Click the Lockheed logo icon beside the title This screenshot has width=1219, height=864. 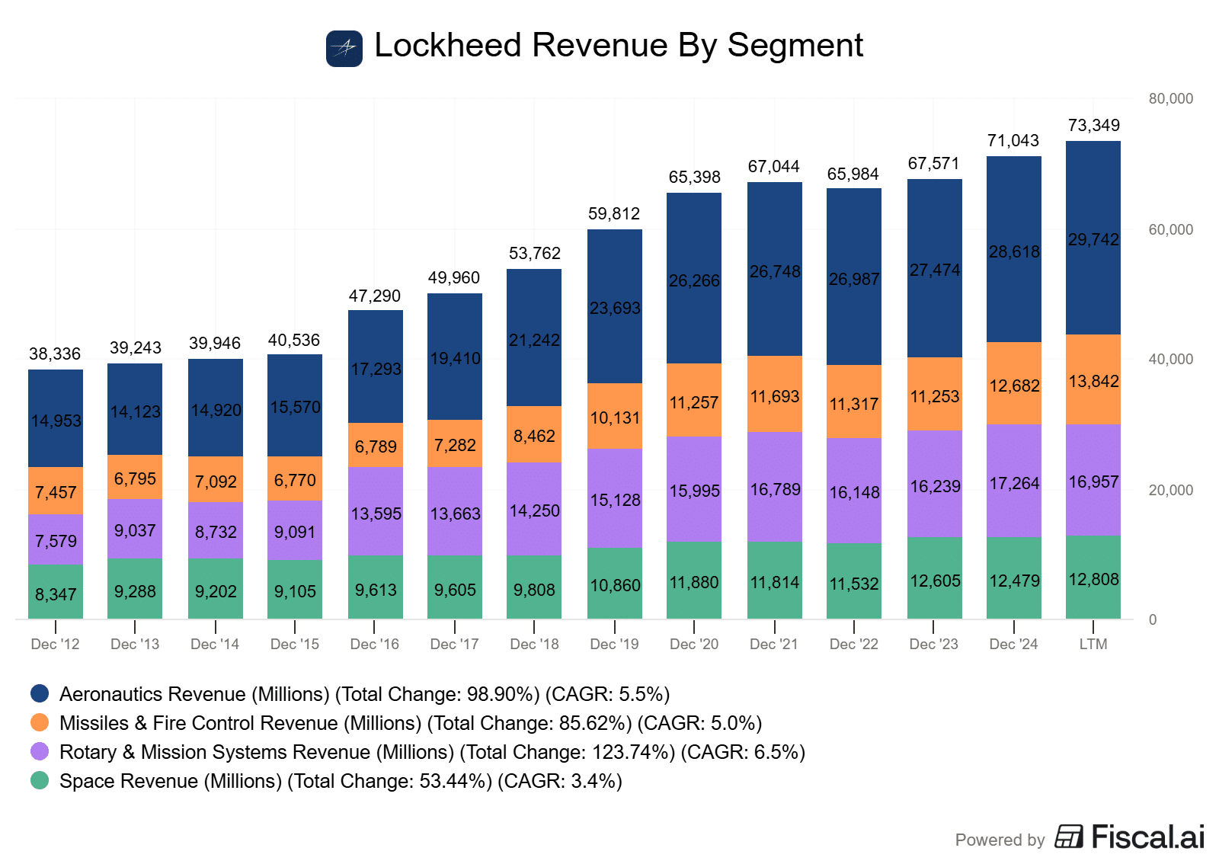click(x=344, y=49)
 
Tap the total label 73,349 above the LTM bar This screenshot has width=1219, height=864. click(x=1094, y=126)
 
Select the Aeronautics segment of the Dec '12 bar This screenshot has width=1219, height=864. click(x=56, y=418)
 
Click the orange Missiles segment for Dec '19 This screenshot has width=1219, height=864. click(x=615, y=417)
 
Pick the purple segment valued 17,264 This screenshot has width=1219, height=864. click(x=1014, y=482)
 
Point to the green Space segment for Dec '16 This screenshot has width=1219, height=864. click(x=376, y=587)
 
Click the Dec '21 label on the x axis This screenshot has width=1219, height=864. click(x=774, y=645)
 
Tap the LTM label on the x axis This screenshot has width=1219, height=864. click(x=1093, y=645)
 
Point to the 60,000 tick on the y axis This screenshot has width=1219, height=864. click(x=1171, y=229)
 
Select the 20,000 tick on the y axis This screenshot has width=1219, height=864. click(x=1171, y=490)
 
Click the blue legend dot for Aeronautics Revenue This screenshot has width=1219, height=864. click(x=40, y=693)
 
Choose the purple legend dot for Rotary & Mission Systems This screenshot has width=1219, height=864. click(x=40, y=751)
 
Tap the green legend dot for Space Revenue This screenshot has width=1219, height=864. click(x=40, y=780)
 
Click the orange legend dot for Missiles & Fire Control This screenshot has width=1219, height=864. click(x=40, y=722)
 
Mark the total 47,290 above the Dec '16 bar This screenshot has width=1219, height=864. click(x=375, y=296)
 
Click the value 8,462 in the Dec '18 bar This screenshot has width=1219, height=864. click(x=534, y=436)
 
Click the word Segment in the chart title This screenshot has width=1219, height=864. click(x=795, y=46)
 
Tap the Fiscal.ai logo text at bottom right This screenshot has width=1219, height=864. click(x=1147, y=837)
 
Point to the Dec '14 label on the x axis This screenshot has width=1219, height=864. click(x=215, y=645)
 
